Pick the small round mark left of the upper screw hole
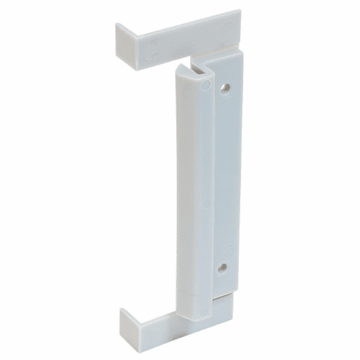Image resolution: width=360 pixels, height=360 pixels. [208, 85]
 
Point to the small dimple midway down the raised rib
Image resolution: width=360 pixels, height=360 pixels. [206, 200]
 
